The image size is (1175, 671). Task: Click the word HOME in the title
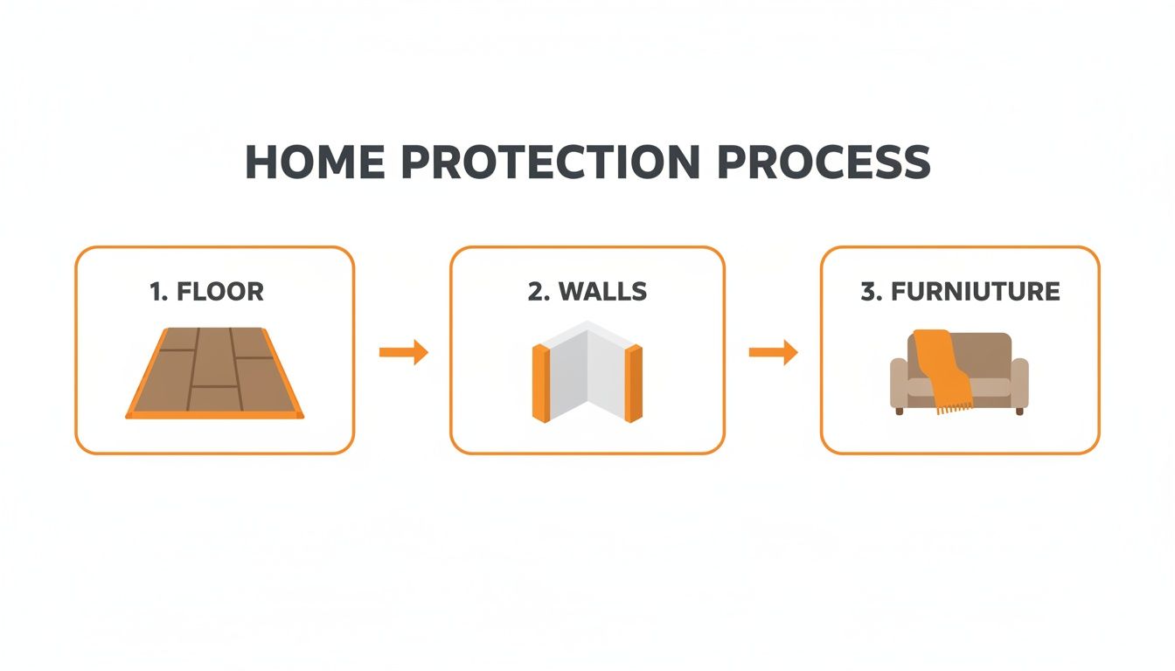coord(315,162)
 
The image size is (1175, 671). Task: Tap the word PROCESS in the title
coord(824,162)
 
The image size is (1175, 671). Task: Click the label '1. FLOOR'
coord(206,292)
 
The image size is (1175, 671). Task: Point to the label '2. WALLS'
coord(587,292)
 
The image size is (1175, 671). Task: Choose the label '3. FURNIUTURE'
coord(961,292)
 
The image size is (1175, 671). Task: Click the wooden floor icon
coord(214,373)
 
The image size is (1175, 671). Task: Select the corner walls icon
coord(587,371)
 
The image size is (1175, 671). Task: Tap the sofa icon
coord(959,373)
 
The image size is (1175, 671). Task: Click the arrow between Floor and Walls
coord(404,352)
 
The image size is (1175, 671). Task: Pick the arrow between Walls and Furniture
coord(773,352)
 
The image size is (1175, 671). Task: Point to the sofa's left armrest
coord(899,384)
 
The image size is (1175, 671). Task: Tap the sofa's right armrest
coord(1019,384)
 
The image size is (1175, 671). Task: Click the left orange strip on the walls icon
coord(541,384)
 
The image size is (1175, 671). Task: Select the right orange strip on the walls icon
coord(634,384)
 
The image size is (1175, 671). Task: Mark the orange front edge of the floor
coord(214,415)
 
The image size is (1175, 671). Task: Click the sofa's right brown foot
coord(1019,412)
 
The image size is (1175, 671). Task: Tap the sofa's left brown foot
coord(899,412)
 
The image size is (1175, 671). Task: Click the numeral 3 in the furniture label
coord(867,292)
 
